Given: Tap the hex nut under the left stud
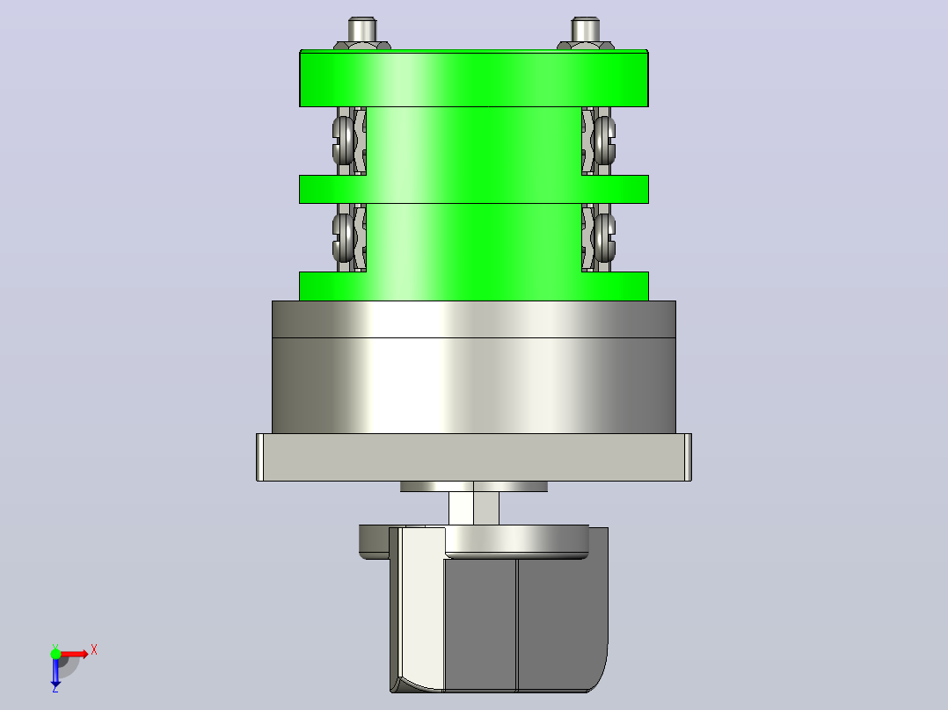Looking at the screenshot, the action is (362, 46).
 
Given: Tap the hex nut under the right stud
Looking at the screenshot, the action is (586, 46).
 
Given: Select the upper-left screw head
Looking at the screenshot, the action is (343, 141).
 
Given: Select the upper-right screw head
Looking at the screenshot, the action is (604, 141).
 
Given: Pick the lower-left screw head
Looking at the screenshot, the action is (343, 237).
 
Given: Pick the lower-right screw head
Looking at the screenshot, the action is (604, 237).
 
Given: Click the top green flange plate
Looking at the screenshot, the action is (474, 78).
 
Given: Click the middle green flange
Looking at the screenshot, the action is (474, 189).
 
